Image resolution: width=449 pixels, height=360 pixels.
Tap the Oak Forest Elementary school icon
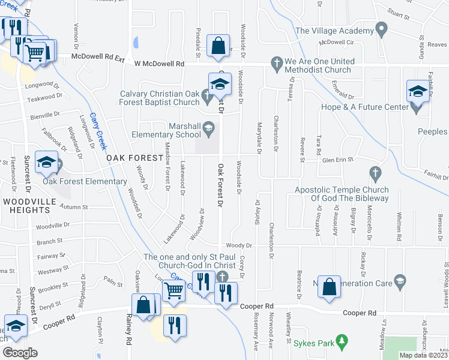pos(46,161)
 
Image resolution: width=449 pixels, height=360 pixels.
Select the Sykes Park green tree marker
pos(343,342)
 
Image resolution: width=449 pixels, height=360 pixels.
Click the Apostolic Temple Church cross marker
pos(375,174)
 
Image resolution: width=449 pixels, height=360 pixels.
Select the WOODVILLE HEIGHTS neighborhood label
pos(25,205)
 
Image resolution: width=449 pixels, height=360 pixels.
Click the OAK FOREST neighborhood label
pos(135,157)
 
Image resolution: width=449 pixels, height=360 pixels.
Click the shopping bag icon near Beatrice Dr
pos(330,286)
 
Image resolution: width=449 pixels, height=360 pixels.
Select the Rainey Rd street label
pos(128,332)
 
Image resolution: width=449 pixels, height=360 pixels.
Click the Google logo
pos(20,353)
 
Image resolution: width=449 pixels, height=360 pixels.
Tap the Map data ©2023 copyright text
pos(423,355)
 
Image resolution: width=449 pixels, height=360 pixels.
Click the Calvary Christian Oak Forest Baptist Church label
pos(160,97)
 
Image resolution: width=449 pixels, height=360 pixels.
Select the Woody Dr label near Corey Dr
pos(238,245)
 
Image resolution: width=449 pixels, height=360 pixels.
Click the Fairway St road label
pos(50,256)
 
